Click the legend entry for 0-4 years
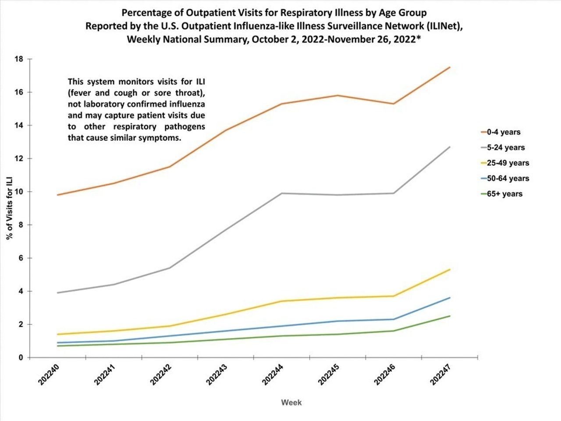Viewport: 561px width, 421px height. pos(503,132)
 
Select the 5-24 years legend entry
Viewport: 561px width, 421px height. pos(505,147)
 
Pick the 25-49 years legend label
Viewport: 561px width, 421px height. pos(508,163)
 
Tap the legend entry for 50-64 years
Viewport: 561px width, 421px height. pos(508,178)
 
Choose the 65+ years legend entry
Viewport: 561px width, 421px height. pos(504,194)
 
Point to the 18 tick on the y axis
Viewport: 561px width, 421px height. pos(19,59)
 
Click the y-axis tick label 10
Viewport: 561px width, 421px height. pos(19,192)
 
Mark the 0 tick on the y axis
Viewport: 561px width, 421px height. pos(21,358)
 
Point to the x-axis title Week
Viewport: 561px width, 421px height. pos(291,402)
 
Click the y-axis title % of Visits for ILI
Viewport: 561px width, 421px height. pos(9,208)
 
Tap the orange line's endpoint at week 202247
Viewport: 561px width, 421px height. pos(450,67)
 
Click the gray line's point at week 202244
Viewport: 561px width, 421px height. pos(282,193)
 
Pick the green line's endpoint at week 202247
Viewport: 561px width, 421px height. pos(450,316)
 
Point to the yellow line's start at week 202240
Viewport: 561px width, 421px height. pos(58,334)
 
